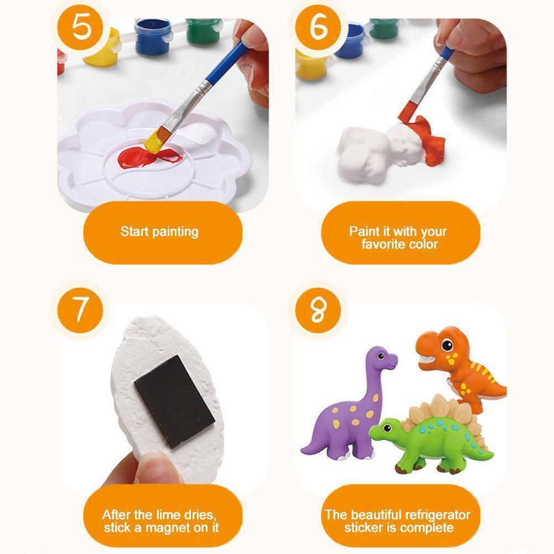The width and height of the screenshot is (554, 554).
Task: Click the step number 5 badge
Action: pos(81,28)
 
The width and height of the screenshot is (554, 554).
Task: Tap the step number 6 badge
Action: pos(318,28)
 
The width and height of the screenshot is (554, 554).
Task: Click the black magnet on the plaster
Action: pos(174,402)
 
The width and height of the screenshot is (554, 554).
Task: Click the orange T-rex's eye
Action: pos(447,344)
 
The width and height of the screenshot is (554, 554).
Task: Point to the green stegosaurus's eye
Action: pos(387,428)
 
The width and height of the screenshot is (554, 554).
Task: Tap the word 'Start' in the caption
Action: pos(133,232)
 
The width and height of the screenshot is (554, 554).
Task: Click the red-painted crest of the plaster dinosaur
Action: pos(427,141)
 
